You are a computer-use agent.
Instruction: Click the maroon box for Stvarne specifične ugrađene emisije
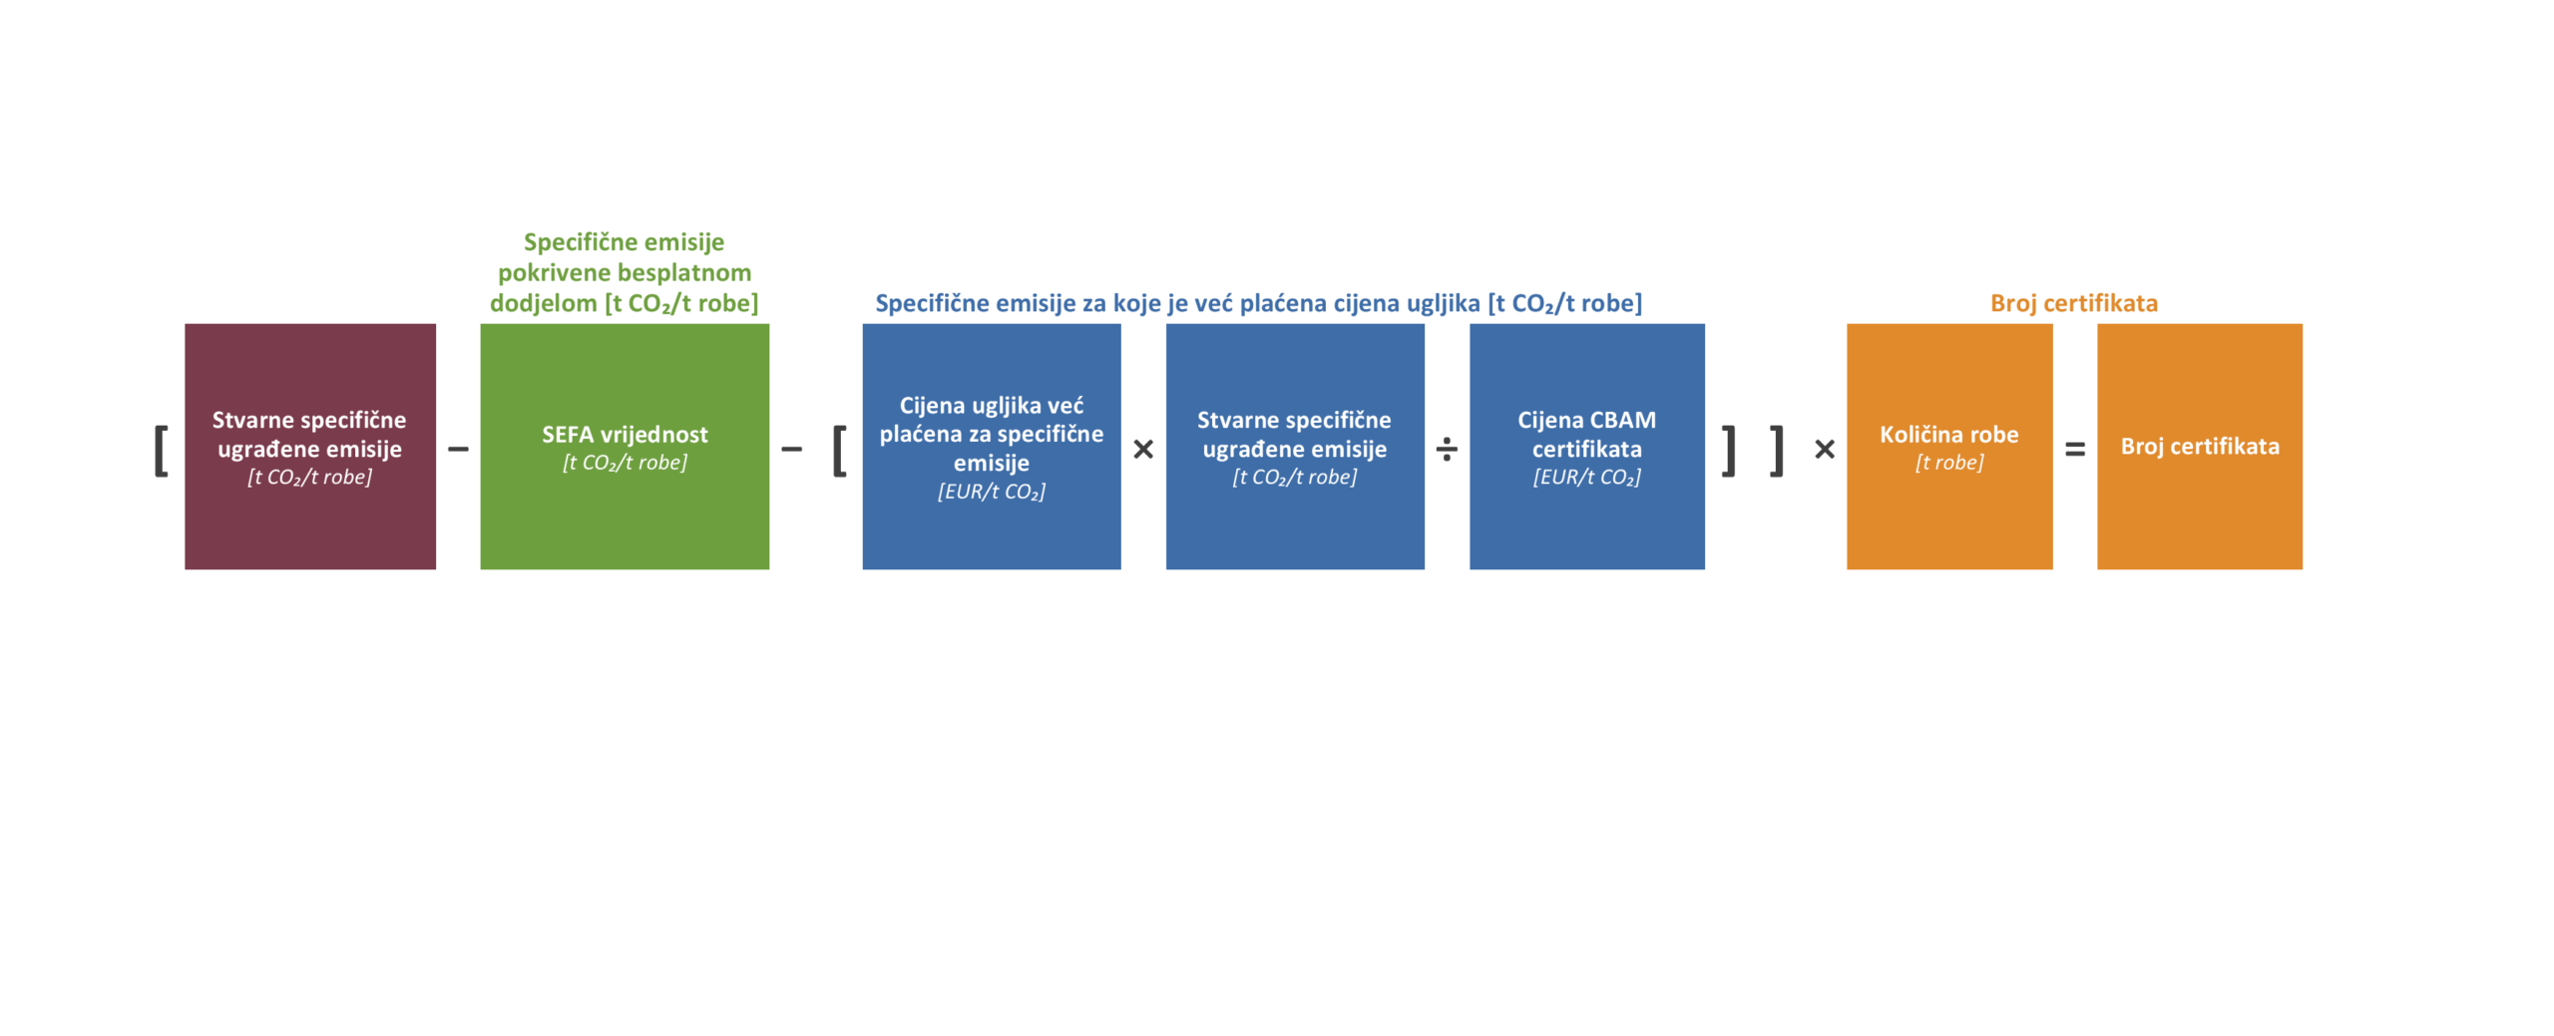pyautogui.click(x=309, y=446)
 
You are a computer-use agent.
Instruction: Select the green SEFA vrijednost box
pyautogui.click(x=625, y=446)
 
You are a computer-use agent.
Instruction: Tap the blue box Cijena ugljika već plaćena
pyautogui.click(x=991, y=446)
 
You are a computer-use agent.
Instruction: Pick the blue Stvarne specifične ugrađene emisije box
pyautogui.click(x=1294, y=446)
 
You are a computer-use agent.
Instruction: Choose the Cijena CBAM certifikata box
pyautogui.click(x=1586, y=446)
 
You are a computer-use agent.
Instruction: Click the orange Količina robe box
pyautogui.click(x=1948, y=446)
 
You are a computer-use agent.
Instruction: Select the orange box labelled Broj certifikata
pyautogui.click(x=2199, y=446)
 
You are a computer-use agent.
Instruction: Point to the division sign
pyautogui.click(x=1446, y=450)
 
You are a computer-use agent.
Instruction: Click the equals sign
pyautogui.click(x=2074, y=450)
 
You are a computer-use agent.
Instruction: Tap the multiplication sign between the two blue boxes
pyautogui.click(x=1142, y=450)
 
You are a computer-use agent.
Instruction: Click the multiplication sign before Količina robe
pyautogui.click(x=1824, y=450)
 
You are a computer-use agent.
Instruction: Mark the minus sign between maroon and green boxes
pyautogui.click(x=458, y=450)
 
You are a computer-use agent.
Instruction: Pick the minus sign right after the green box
pyautogui.click(x=791, y=450)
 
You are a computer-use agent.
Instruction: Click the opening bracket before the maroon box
pyautogui.click(x=161, y=451)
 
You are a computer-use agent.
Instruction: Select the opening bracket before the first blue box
pyautogui.click(x=839, y=451)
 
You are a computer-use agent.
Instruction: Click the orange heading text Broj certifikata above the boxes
pyautogui.click(x=2073, y=303)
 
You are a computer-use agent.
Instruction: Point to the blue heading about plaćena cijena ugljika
pyautogui.click(x=1258, y=303)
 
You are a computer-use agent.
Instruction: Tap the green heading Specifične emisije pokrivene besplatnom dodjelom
pyautogui.click(x=624, y=272)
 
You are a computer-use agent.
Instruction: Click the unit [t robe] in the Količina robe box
pyautogui.click(x=1948, y=463)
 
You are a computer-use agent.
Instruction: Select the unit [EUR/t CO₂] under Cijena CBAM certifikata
pyautogui.click(x=1586, y=478)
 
